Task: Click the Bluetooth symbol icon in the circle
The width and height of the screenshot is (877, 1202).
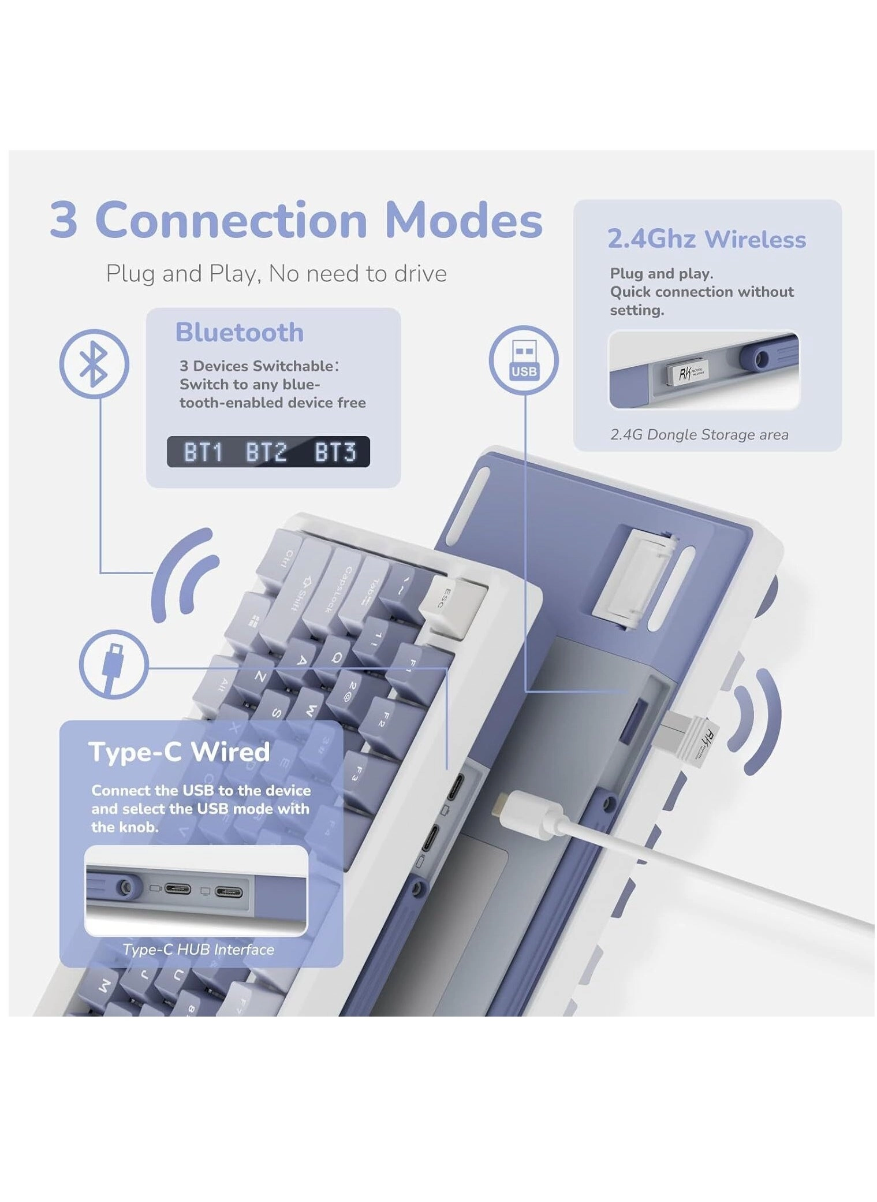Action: click(94, 364)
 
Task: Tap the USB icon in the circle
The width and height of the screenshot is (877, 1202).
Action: click(523, 360)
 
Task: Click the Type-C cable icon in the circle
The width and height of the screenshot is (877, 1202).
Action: click(113, 664)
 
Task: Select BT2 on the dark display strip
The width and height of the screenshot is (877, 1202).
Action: click(266, 452)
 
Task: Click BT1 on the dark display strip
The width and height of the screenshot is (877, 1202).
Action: click(203, 452)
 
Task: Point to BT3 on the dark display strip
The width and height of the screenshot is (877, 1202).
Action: click(335, 452)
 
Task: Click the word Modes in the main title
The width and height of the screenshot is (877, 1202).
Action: click(463, 220)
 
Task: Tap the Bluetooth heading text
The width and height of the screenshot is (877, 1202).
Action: click(239, 332)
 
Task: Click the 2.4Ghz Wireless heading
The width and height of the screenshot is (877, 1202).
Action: click(706, 239)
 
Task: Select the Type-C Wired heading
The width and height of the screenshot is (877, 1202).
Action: click(178, 751)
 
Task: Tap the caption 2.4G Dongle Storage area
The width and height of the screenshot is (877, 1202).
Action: click(699, 434)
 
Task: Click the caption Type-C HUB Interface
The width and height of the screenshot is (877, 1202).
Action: click(198, 949)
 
